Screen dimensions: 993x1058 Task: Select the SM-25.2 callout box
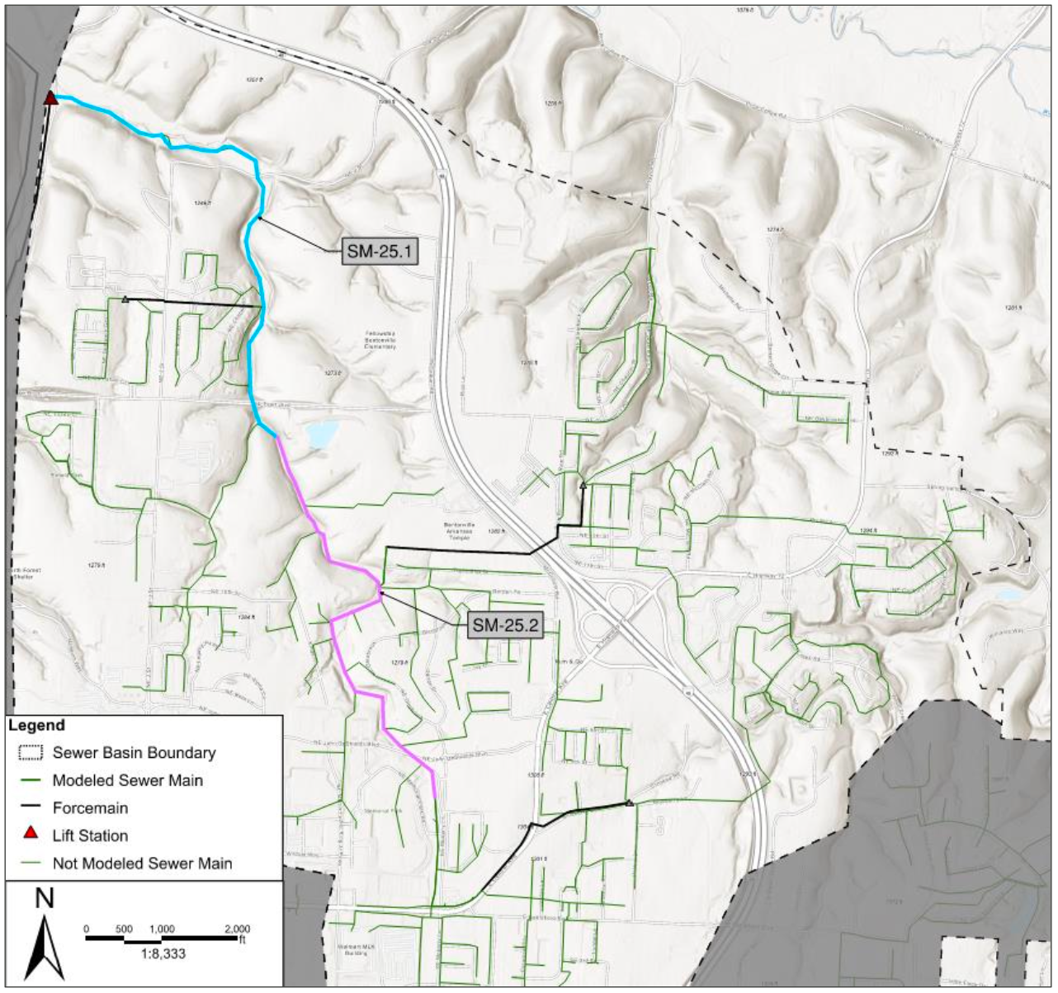tap(505, 625)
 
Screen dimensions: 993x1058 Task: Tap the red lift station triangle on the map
tap(50, 99)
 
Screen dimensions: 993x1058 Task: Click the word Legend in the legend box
tap(36, 726)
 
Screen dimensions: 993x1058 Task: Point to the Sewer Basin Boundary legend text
tap(134, 752)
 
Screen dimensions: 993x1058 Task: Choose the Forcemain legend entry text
tap(90, 807)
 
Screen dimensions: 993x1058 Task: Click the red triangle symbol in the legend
tap(31, 833)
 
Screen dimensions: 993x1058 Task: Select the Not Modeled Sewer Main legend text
tap(142, 864)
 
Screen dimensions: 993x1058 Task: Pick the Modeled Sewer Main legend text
tap(127, 780)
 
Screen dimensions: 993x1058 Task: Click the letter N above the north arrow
tap(45, 898)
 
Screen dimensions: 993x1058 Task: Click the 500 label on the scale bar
tap(124, 929)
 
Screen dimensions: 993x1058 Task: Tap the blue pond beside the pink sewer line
tap(320, 433)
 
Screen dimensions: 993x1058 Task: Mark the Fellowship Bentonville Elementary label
tap(380, 341)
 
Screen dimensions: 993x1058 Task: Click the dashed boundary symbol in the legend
tap(30, 752)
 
